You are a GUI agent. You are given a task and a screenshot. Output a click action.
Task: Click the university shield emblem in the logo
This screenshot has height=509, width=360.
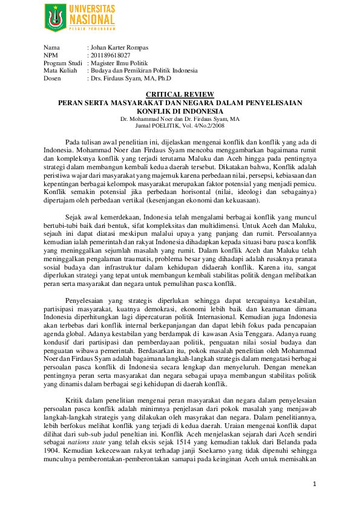[55, 18]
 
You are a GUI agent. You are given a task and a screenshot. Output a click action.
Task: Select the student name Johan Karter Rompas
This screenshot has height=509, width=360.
[118, 47]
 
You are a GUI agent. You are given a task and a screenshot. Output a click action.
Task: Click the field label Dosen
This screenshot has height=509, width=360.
[52, 79]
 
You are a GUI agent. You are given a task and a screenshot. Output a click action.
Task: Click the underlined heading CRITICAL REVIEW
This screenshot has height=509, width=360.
[180, 95]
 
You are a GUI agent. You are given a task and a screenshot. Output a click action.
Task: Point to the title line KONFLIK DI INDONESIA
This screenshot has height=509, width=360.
[180, 111]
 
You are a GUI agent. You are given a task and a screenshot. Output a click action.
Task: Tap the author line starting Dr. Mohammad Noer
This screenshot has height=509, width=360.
[180, 119]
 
